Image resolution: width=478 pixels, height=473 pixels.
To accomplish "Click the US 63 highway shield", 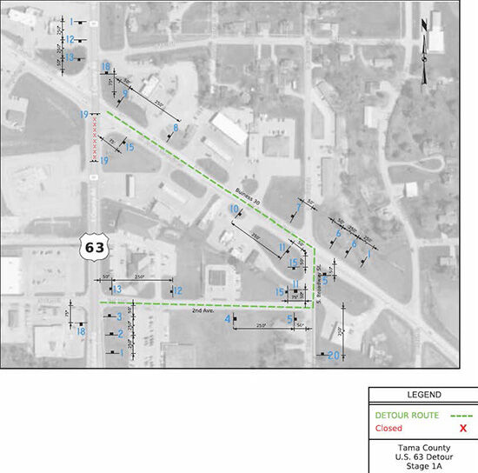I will coord(93,247).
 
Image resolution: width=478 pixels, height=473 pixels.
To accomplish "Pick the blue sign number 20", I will coord(334,355).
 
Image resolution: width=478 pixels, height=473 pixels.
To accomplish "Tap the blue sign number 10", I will coord(233,210).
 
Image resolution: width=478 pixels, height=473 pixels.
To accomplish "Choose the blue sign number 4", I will coord(228,320).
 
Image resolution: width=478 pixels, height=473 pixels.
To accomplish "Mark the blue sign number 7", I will coord(298,207).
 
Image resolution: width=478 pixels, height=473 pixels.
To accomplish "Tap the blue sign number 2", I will coord(120,334).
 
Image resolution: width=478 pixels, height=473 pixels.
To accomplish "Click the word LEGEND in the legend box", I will coord(422,394).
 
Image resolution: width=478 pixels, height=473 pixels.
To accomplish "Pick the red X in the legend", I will coord(463,428).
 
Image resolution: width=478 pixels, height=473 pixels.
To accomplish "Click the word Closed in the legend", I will coord(388,428).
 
